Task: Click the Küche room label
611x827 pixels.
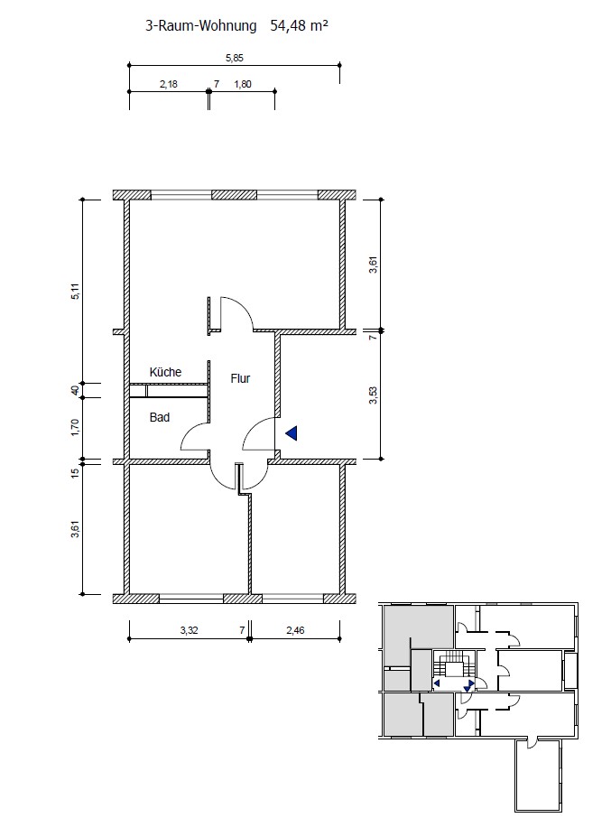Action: click(x=165, y=372)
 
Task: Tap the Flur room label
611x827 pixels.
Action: click(x=240, y=378)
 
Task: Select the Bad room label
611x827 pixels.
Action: click(x=159, y=417)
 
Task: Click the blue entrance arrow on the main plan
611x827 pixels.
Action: click(x=292, y=433)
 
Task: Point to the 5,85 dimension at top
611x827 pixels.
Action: click(x=235, y=58)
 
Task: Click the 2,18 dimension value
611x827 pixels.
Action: click(x=169, y=84)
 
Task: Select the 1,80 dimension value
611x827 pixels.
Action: click(x=243, y=84)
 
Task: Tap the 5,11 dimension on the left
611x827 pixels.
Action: click(x=76, y=292)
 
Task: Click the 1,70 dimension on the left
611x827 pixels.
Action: click(x=76, y=427)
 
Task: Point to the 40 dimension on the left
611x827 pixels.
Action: click(x=76, y=390)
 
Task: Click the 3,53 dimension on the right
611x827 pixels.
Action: click(x=374, y=395)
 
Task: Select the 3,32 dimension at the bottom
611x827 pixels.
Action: click(x=189, y=630)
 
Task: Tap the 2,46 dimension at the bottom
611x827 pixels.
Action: click(x=295, y=630)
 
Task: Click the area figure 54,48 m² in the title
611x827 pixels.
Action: click(x=299, y=25)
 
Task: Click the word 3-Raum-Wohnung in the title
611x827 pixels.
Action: click(x=201, y=26)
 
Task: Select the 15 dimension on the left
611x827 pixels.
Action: click(x=76, y=472)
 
